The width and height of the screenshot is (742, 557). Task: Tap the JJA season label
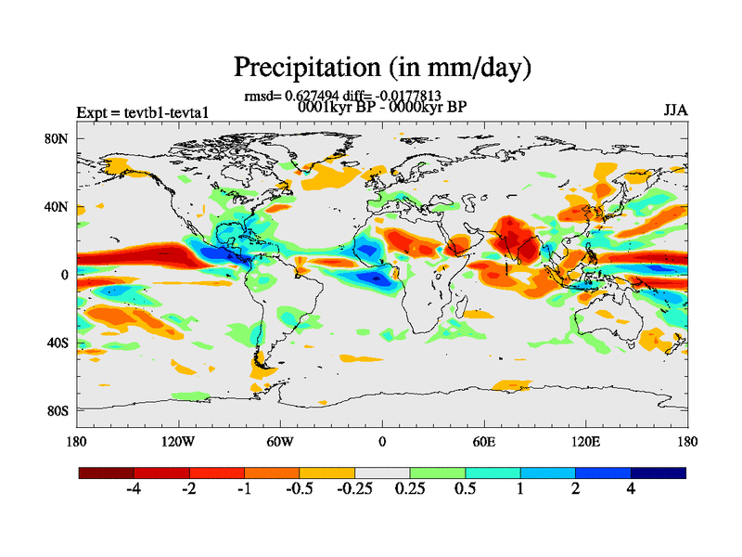point(675,110)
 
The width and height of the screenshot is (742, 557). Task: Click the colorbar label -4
point(134,489)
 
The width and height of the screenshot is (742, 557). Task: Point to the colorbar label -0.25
point(353,489)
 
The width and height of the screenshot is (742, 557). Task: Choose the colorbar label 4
point(631,489)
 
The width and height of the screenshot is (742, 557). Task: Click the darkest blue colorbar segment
point(658,473)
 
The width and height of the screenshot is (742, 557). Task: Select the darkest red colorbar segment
point(107,473)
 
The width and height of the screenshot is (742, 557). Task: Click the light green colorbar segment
point(437,473)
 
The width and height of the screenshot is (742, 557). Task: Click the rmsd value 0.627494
point(325,95)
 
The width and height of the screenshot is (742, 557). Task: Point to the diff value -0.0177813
point(404,95)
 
